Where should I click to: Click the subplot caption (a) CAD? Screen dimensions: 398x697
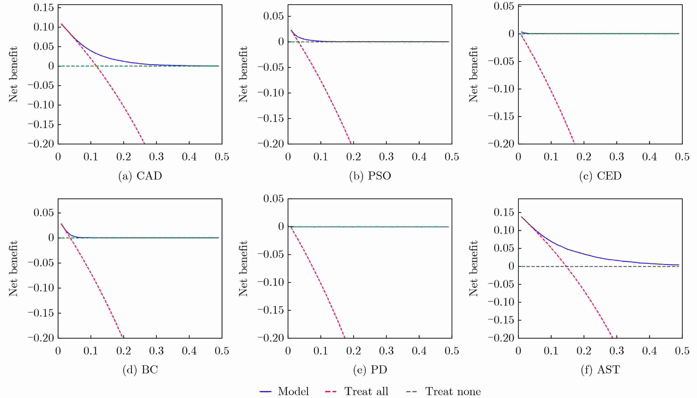point(140,176)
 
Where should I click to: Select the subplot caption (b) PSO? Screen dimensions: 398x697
point(370,176)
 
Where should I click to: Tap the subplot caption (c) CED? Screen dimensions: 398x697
point(600,176)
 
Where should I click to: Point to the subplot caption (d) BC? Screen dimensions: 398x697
point(140,370)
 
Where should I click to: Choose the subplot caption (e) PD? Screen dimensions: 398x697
point(370,370)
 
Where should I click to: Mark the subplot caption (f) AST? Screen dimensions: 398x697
point(600,370)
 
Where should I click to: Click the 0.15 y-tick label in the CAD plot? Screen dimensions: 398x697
point(44,8)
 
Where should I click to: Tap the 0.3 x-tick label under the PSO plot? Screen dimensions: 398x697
point(386,157)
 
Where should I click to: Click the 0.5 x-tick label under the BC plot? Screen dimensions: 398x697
point(222,351)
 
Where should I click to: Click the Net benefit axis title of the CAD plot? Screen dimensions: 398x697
point(13,74)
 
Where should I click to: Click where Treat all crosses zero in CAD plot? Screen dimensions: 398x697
point(96,66)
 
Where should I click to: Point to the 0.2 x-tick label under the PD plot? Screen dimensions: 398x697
point(353,351)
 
